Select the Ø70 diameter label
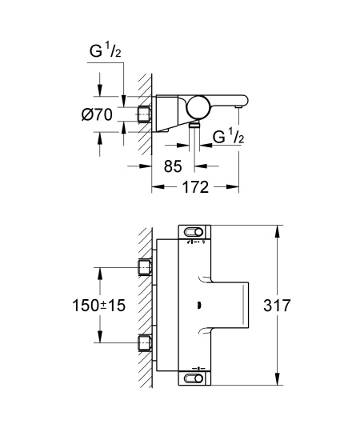pyautogui.click(x=103, y=115)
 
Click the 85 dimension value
pyautogui.click(x=173, y=169)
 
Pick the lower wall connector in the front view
pyautogui.click(x=145, y=344)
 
